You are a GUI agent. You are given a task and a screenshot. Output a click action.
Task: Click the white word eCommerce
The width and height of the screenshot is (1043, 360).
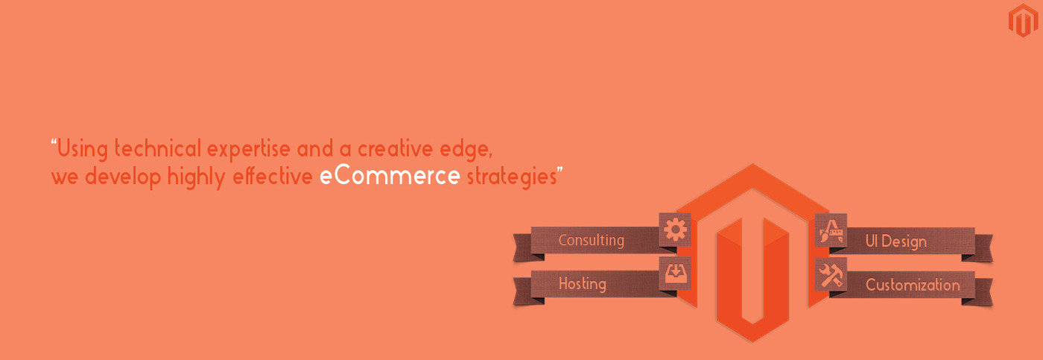click(390, 176)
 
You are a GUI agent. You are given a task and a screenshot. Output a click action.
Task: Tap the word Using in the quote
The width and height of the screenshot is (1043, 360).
click(83, 149)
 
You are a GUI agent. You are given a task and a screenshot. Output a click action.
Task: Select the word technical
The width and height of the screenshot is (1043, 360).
click(158, 148)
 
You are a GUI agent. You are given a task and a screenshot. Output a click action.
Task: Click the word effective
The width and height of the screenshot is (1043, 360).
click(273, 176)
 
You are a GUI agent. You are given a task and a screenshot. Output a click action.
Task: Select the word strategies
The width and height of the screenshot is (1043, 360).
click(512, 177)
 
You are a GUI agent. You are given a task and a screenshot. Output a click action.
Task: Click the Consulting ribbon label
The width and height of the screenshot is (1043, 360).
click(592, 240)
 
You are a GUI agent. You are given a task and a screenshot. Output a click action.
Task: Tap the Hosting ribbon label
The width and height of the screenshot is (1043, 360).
click(583, 283)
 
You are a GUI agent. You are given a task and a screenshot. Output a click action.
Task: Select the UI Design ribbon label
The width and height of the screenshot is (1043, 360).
click(895, 241)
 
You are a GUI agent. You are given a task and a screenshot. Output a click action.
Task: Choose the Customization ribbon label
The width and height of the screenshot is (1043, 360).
click(913, 285)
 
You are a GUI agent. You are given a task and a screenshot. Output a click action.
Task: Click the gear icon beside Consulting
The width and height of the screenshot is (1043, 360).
click(675, 229)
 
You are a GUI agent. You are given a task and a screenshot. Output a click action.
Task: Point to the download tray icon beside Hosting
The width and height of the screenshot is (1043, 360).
click(675, 273)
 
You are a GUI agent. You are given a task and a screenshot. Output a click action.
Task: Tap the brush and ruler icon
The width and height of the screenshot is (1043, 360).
click(831, 230)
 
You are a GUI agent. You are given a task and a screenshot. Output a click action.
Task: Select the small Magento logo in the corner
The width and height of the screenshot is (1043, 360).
click(1023, 20)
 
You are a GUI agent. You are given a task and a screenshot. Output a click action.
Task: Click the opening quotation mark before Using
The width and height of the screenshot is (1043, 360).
click(54, 142)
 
